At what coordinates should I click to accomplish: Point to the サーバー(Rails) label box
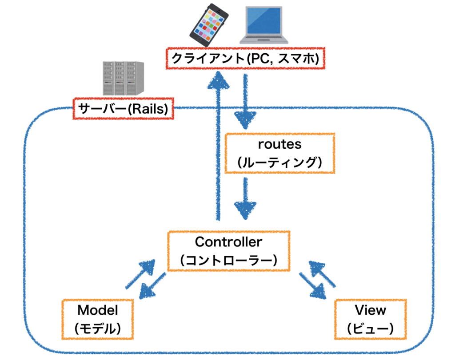tap(123, 109)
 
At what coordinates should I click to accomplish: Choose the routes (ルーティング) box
tap(279, 153)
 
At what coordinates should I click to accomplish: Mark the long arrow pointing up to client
tap(219, 146)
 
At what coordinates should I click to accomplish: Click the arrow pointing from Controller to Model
tap(152, 287)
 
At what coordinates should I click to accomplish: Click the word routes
tap(279, 145)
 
